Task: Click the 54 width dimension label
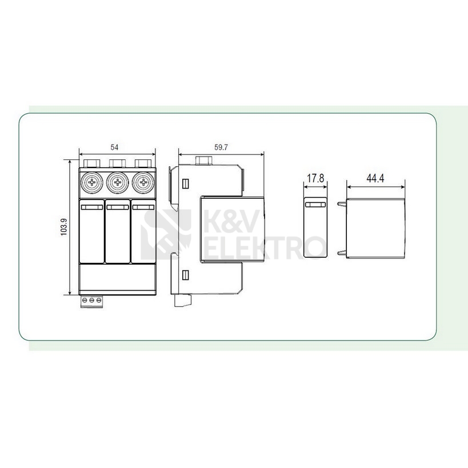pyautogui.click(x=114, y=147)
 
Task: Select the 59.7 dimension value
pyautogui.click(x=221, y=147)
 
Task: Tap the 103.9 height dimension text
pyautogui.click(x=64, y=227)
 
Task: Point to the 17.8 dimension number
pyautogui.click(x=315, y=178)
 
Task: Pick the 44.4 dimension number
pyautogui.click(x=375, y=178)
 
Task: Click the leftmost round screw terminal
pyautogui.click(x=92, y=182)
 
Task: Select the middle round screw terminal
pyautogui.click(x=118, y=182)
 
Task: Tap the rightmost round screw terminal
pyautogui.click(x=143, y=182)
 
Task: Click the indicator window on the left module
pyautogui.click(x=92, y=207)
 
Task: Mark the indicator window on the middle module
pyautogui.click(x=118, y=207)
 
